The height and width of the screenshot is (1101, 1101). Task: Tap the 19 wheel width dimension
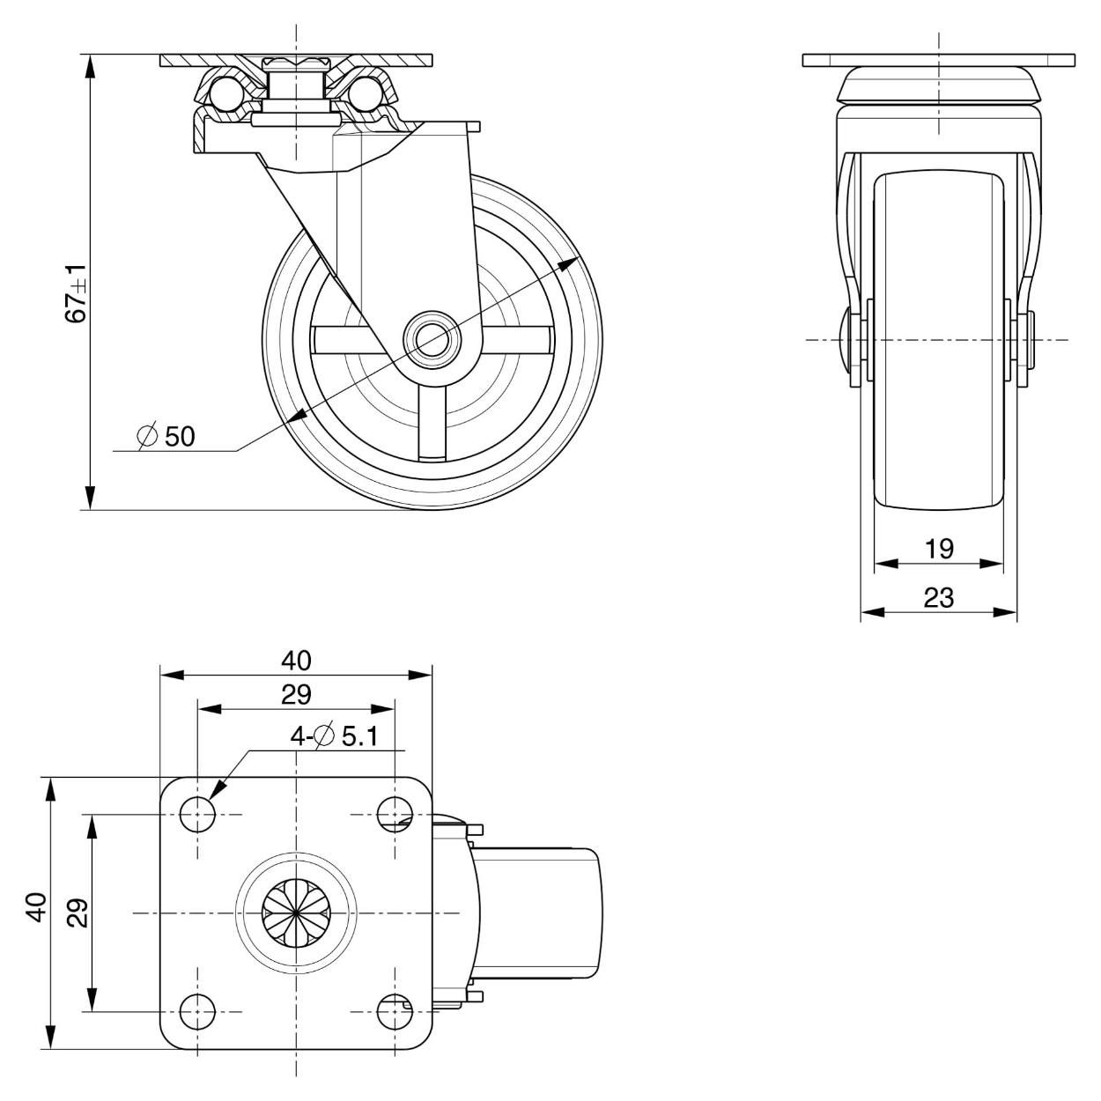tap(939, 549)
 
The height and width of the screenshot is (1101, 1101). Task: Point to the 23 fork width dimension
tap(939, 598)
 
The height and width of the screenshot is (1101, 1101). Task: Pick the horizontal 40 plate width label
tap(296, 660)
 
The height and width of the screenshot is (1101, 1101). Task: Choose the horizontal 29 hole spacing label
tap(296, 695)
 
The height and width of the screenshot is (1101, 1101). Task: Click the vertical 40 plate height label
tap(36, 907)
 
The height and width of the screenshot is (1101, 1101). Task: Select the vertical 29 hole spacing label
tap(78, 913)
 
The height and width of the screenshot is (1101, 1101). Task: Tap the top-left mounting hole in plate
tap(197, 815)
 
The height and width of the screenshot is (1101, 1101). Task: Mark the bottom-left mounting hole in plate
tap(197, 1012)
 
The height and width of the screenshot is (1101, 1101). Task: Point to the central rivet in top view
tap(296, 913)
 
